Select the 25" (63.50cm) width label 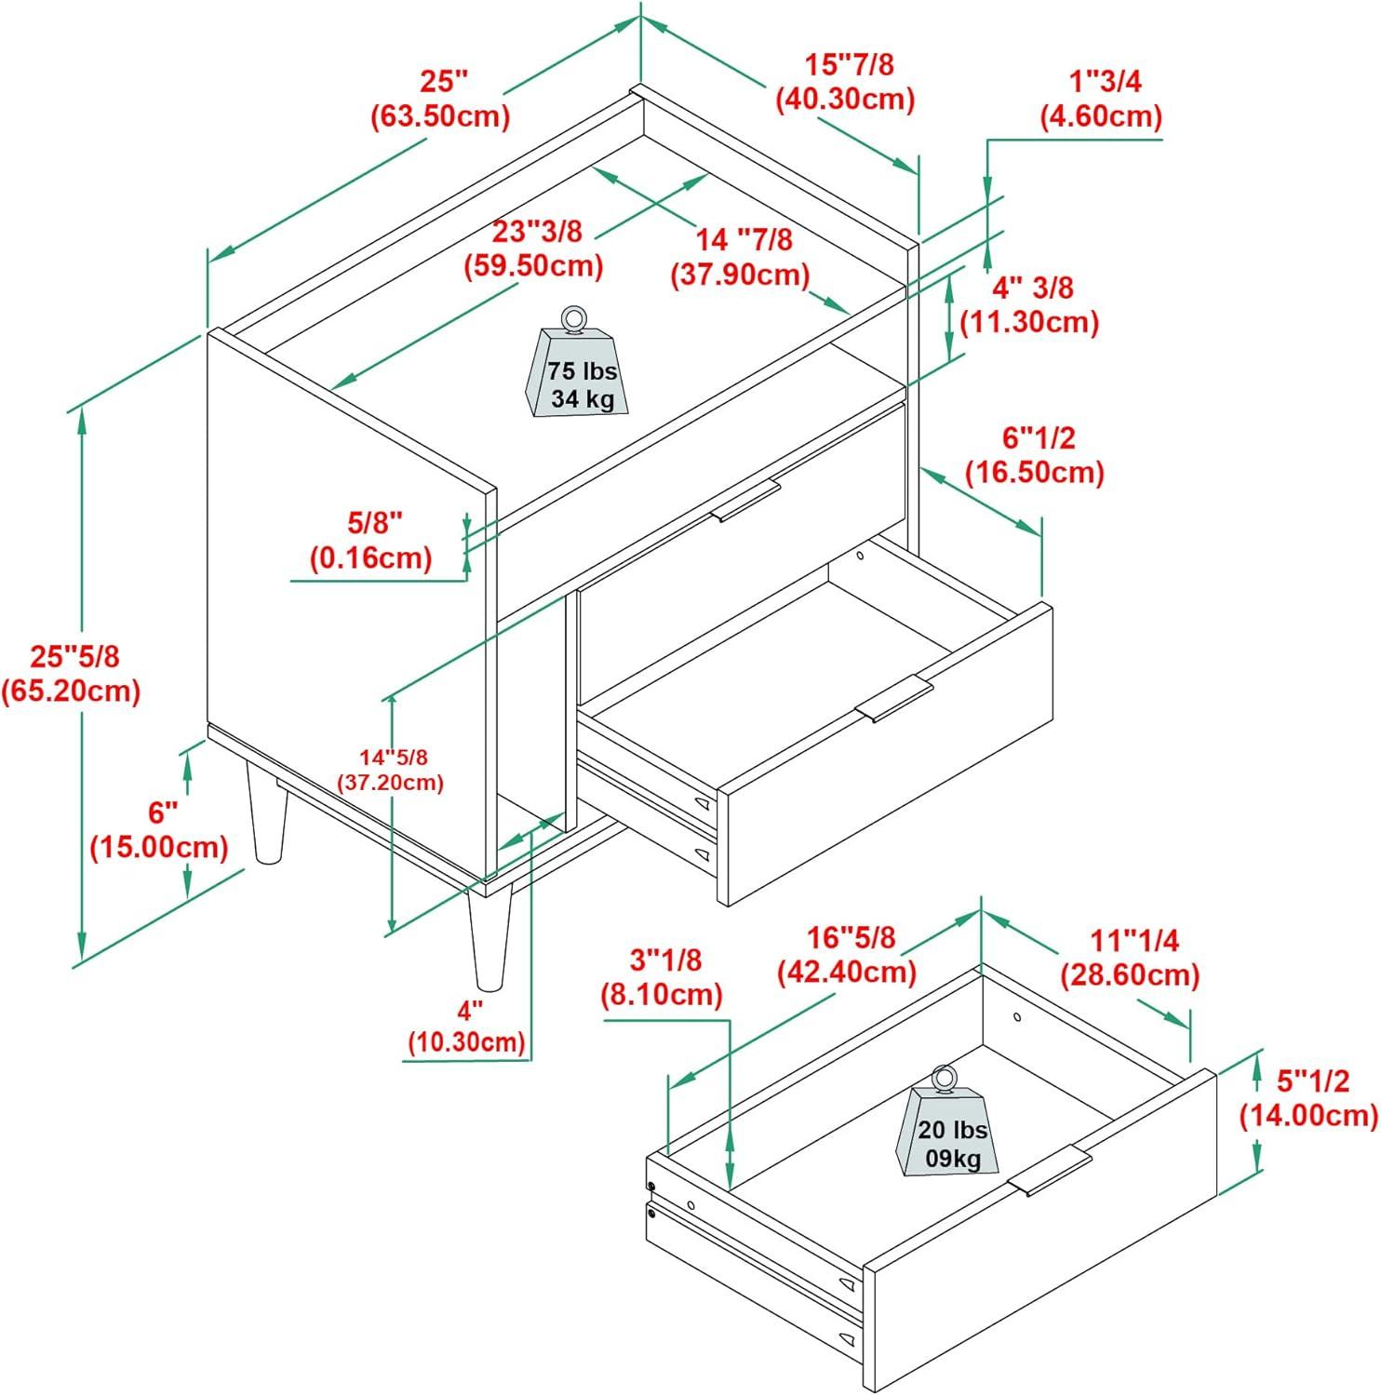441,99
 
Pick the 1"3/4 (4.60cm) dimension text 1102,99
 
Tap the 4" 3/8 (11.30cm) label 1029,305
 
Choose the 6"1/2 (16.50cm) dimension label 1034,455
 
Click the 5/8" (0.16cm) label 371,540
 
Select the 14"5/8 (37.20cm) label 390,770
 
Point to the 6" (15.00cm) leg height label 160,830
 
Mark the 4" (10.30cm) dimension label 467,1026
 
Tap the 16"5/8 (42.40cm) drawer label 847,954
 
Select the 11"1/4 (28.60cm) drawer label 1130,958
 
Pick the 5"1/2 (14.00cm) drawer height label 1307,1097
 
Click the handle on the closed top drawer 745,502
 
